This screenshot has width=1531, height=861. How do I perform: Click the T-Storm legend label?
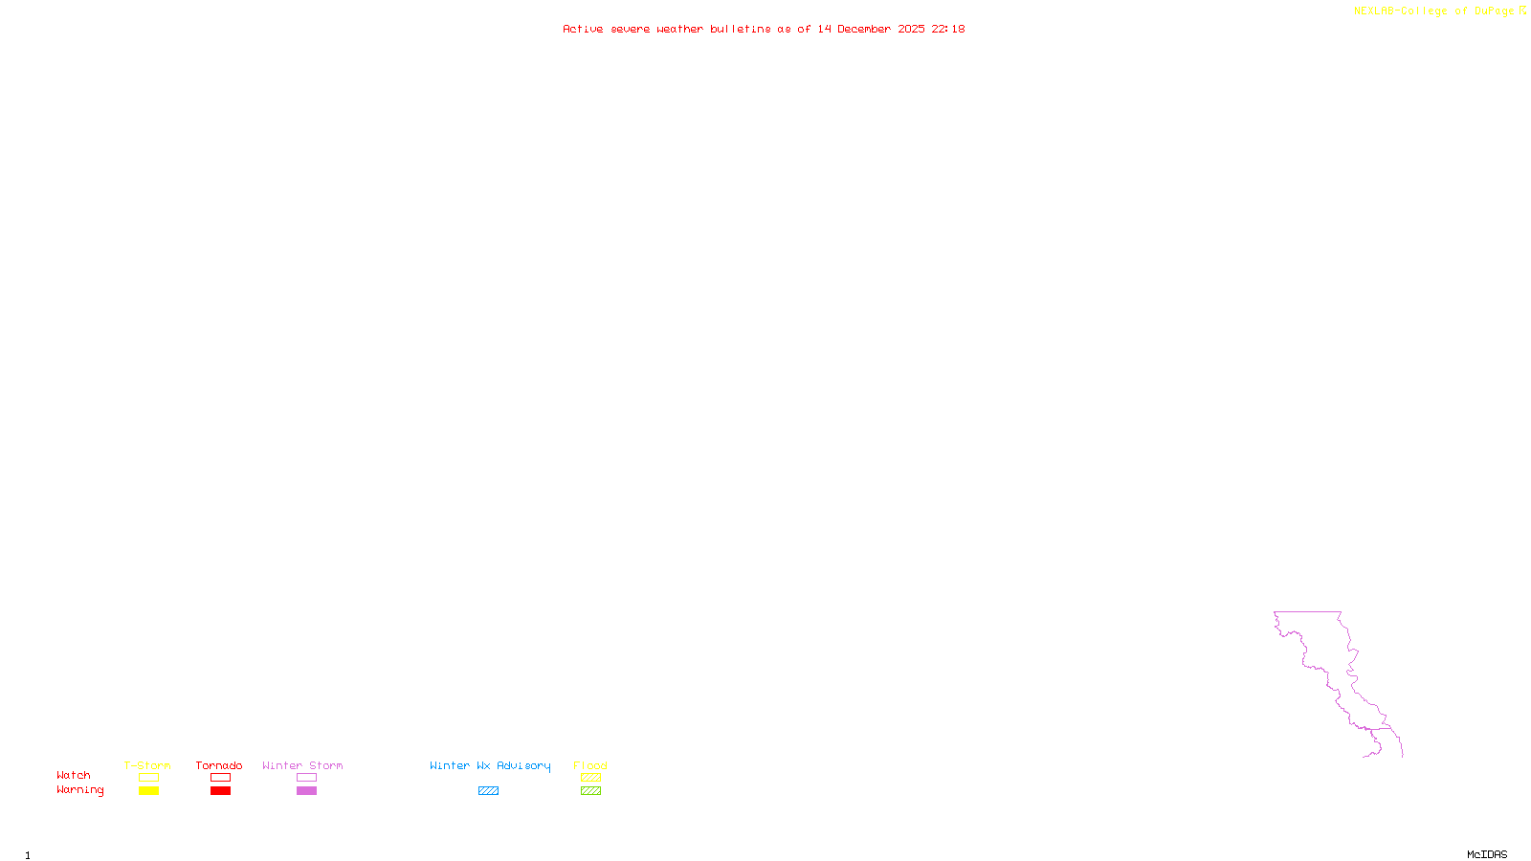147,765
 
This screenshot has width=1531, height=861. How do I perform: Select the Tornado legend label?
219,765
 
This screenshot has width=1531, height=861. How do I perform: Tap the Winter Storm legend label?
302,765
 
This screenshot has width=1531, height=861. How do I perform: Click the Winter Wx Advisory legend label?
490,765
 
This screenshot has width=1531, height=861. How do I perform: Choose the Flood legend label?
590,765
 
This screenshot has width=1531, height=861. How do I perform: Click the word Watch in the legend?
74,775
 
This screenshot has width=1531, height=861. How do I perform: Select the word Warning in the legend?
79,790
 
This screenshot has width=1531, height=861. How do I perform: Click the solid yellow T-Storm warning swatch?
148,791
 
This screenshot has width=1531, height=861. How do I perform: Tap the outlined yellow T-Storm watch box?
148,778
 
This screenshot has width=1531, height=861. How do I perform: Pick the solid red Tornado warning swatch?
220,791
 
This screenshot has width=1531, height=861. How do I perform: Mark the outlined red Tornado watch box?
220,778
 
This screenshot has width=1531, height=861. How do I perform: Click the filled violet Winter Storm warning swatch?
306,791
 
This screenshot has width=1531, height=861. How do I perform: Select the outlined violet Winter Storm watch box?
306,778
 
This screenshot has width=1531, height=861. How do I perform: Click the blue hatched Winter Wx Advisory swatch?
488,791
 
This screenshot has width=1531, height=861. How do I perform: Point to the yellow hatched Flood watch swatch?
590,778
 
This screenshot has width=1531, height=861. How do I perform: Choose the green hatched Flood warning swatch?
590,791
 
